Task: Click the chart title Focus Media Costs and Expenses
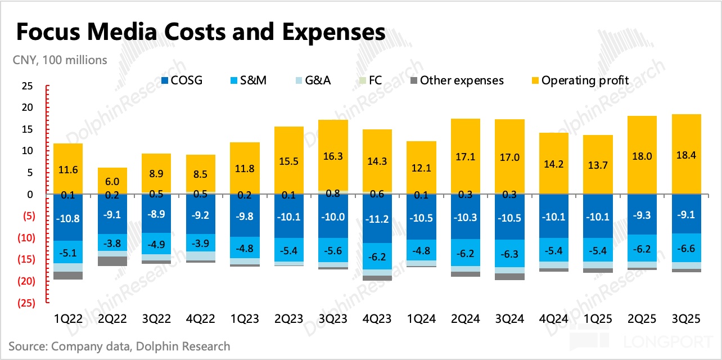201,32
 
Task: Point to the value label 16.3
333,157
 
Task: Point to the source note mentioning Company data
119,346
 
